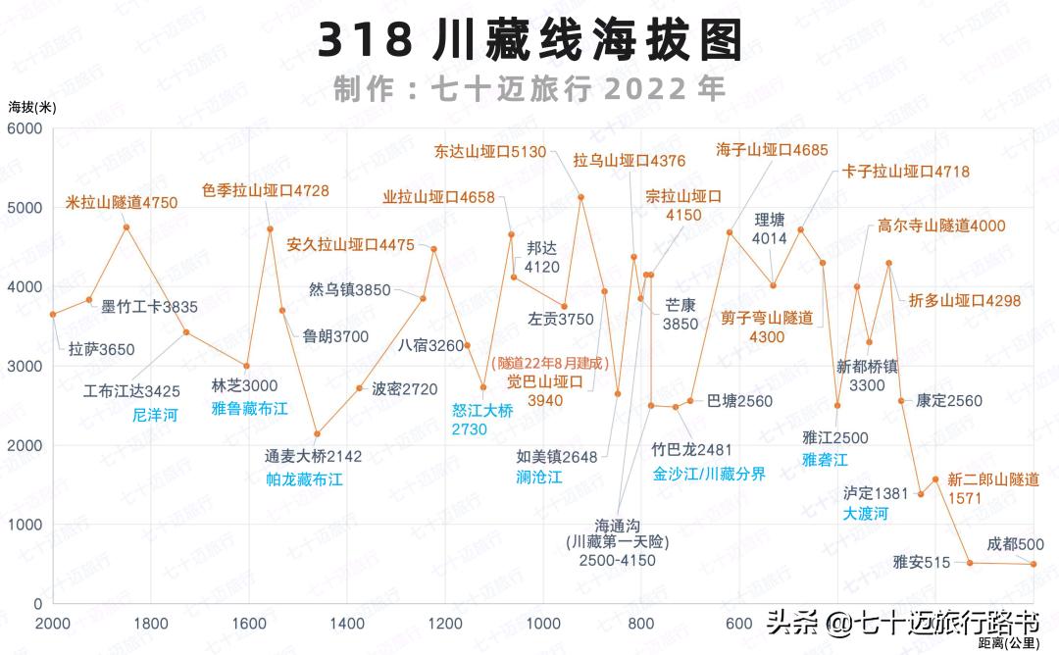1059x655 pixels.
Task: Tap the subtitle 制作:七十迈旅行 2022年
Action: click(529, 89)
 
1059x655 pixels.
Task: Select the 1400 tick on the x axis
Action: click(346, 624)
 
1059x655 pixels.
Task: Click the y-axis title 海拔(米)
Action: click(31, 106)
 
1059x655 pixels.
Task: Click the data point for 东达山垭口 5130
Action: click(581, 197)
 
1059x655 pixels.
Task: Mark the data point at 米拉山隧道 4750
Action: click(126, 227)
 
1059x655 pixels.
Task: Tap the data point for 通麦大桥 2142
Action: click(317, 433)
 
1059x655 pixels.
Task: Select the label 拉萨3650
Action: click(101, 349)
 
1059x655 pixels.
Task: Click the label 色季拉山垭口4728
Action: click(266, 190)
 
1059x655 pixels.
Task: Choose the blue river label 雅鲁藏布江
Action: click(249, 408)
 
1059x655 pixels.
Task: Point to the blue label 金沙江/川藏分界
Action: click(709, 473)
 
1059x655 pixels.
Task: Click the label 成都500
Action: click(1015, 544)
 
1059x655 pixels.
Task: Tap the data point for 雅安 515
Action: click(970, 563)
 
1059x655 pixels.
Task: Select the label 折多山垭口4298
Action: click(965, 301)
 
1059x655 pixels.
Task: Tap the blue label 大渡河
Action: click(865, 514)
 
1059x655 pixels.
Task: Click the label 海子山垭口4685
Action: click(772, 150)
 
